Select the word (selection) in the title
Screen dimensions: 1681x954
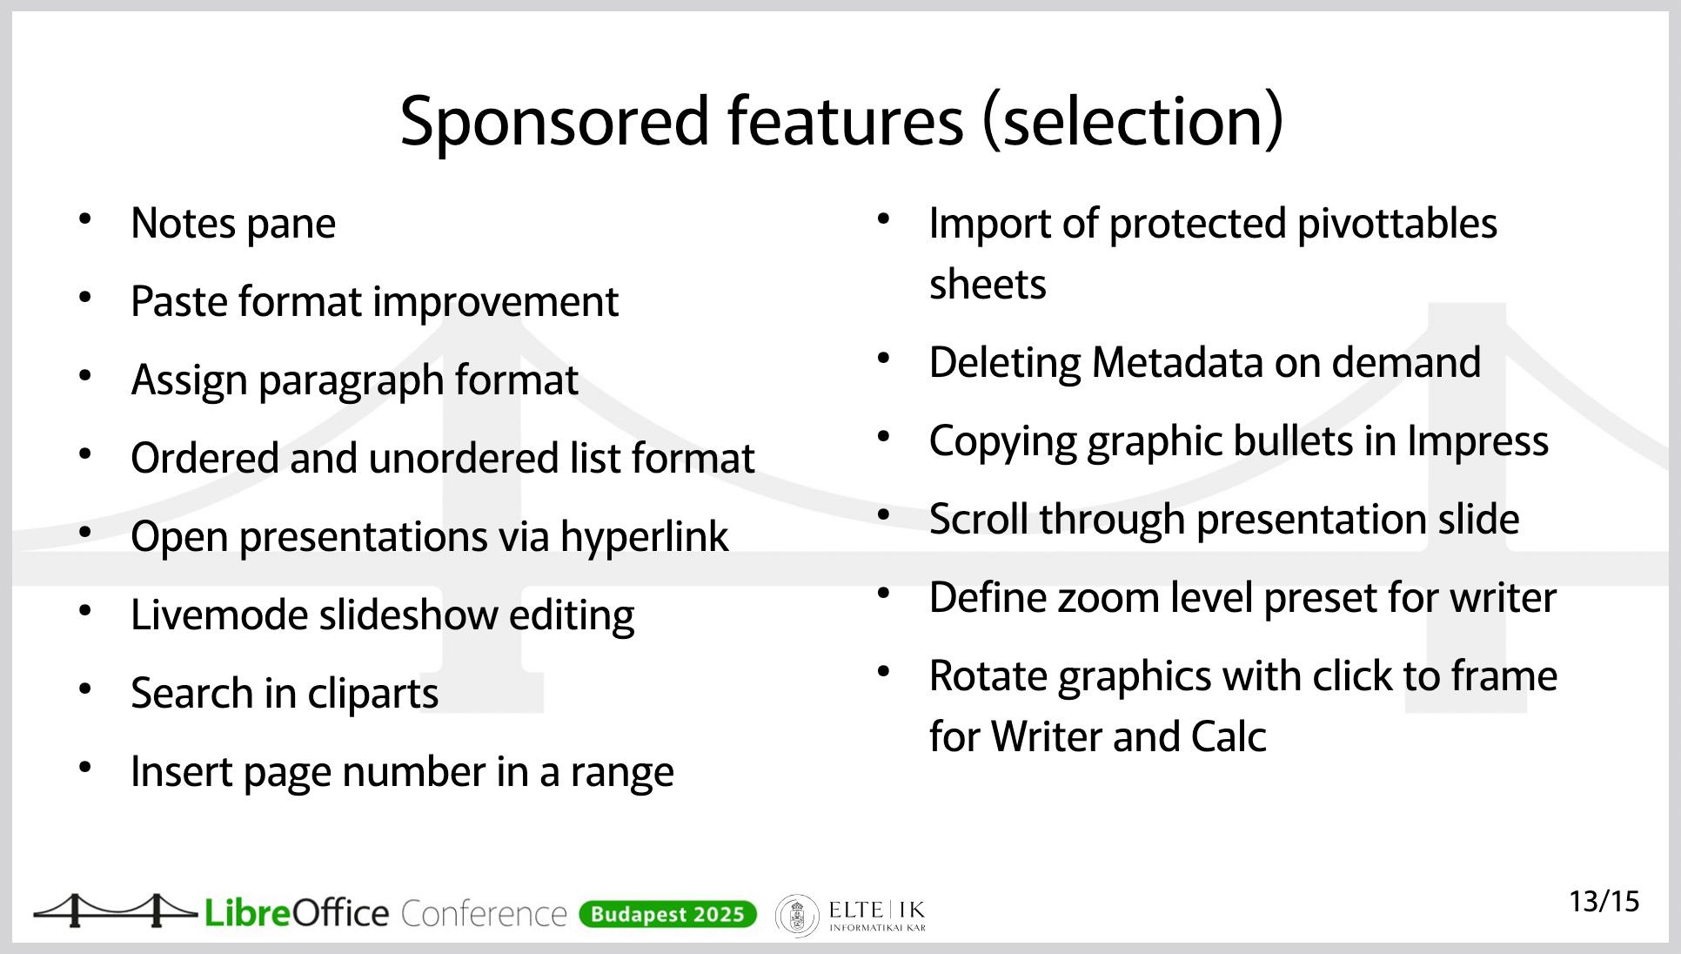coord(1133,120)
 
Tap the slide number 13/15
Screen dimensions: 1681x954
coord(1604,902)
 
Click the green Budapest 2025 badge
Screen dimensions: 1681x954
coord(667,915)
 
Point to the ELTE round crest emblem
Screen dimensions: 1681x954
coord(797,916)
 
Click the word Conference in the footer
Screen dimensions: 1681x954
coord(484,914)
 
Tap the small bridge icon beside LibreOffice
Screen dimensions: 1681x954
coord(115,910)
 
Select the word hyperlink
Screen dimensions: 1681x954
coord(644,537)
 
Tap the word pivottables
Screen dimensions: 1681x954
coord(1397,225)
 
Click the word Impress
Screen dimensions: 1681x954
coord(1478,442)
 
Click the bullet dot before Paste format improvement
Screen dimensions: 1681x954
coord(85,298)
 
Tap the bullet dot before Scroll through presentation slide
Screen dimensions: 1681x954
coord(883,515)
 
